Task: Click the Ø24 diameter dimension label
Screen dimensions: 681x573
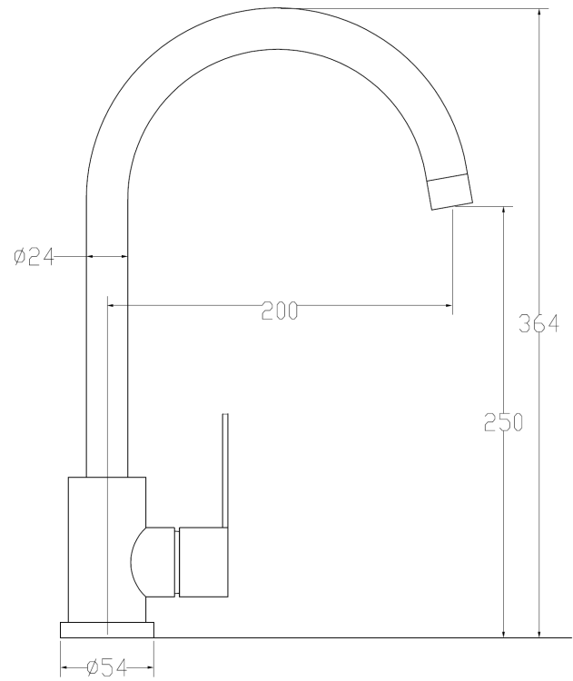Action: [x=35, y=257]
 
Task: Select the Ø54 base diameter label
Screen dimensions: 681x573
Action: [x=106, y=668]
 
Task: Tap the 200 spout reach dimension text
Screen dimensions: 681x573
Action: [x=280, y=311]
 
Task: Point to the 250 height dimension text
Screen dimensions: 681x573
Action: [x=503, y=422]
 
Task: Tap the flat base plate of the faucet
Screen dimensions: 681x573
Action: [x=107, y=629]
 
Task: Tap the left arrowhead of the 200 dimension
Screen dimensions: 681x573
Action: [x=114, y=307]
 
